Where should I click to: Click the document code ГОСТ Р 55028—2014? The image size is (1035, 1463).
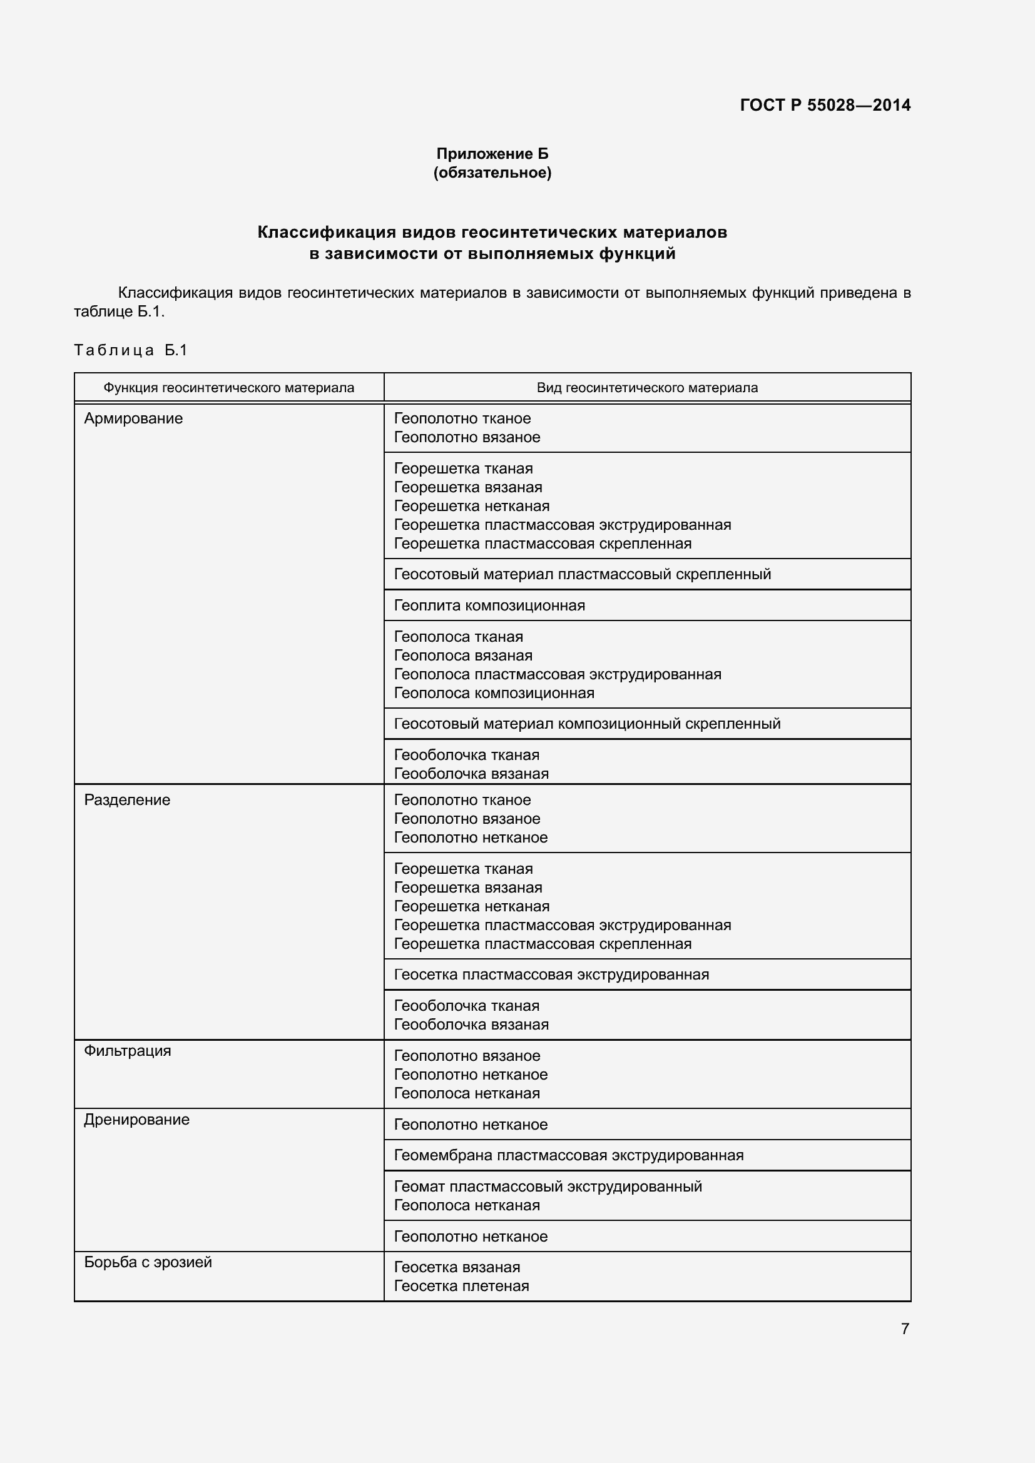pos(825,105)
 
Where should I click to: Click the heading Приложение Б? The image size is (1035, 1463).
pos(492,154)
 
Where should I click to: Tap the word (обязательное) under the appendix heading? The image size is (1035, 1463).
pos(492,173)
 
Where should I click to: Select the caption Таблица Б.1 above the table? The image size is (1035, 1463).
pos(131,350)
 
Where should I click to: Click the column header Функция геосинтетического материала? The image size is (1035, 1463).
pos(229,387)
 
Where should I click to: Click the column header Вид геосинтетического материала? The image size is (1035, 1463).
pos(647,387)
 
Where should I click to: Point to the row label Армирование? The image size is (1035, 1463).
pos(133,418)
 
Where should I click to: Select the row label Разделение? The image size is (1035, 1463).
pos(127,800)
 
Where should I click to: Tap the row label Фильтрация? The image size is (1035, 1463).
pos(128,1051)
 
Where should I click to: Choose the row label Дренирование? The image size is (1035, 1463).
pos(136,1120)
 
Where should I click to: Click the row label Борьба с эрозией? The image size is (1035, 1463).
pos(148,1262)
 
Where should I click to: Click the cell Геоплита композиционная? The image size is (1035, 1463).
pos(489,605)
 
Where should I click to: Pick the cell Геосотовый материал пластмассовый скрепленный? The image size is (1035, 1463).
pos(582,574)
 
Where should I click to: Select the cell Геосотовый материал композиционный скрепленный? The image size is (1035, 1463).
pos(586,724)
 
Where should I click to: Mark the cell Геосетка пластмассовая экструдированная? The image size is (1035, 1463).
pos(551,974)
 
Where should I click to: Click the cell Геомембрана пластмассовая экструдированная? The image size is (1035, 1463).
pos(568,1155)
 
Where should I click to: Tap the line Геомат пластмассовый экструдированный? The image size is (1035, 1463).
pos(548,1187)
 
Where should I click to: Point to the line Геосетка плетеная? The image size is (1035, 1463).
pos(461,1286)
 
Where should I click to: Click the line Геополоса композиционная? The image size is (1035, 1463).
pos(493,692)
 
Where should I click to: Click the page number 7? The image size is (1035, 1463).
pos(904,1329)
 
